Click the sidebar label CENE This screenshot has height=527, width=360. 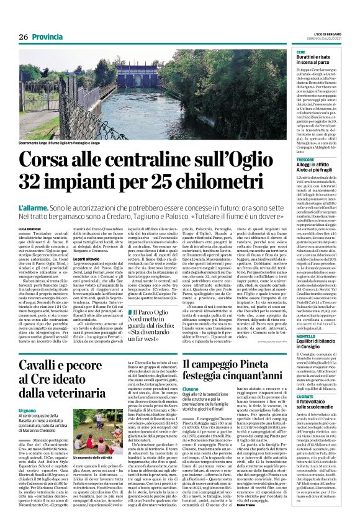pyautogui.click(x=301, y=52)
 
